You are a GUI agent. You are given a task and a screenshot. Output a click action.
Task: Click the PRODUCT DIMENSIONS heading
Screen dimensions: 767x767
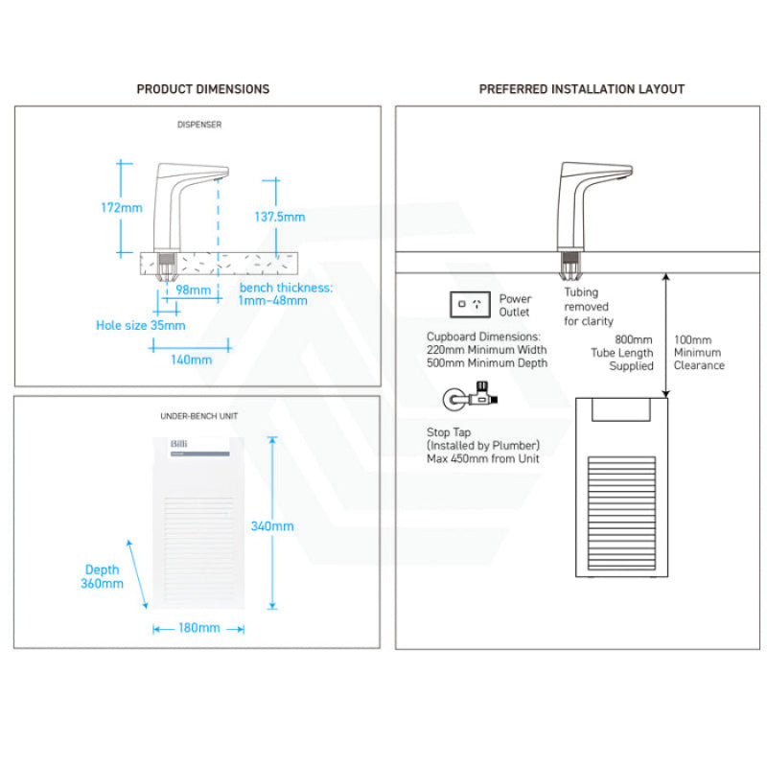pyautogui.click(x=202, y=89)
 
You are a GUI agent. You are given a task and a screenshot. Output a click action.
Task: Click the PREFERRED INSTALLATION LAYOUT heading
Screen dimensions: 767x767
pyautogui.click(x=582, y=89)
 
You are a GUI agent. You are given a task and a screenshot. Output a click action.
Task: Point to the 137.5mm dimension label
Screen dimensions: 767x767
pyautogui.click(x=279, y=217)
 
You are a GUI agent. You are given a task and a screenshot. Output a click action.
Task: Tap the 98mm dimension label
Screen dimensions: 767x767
pyautogui.click(x=194, y=290)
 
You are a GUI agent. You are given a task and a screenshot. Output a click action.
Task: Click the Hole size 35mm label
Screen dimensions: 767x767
pyautogui.click(x=141, y=325)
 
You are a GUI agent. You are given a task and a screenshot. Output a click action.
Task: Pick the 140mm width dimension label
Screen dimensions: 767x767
pyautogui.click(x=191, y=360)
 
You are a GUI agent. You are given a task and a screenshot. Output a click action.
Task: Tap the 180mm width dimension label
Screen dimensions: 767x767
pyautogui.click(x=198, y=628)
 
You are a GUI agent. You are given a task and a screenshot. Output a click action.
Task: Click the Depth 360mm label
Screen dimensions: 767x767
pyautogui.click(x=103, y=576)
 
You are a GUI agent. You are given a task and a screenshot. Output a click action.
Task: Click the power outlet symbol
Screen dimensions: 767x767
pyautogui.click(x=470, y=305)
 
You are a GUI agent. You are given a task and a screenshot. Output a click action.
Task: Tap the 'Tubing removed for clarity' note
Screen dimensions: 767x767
pyautogui.click(x=588, y=307)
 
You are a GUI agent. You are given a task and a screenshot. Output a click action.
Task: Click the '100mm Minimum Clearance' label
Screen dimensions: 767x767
pyautogui.click(x=699, y=352)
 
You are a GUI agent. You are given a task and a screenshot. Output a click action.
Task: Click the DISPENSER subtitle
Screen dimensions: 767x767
pyautogui.click(x=199, y=125)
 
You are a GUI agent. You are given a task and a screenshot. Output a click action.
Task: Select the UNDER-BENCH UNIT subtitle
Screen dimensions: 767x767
pyautogui.click(x=198, y=416)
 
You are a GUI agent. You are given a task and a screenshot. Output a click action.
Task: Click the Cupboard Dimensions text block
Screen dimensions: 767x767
pyautogui.click(x=487, y=350)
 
